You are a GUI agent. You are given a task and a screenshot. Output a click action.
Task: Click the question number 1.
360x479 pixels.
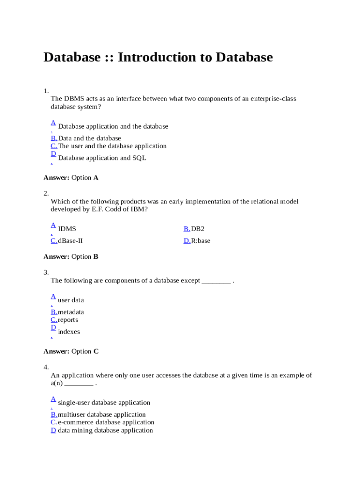[x=46, y=91]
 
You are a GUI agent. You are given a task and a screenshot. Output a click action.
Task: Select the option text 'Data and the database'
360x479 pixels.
[x=89, y=138]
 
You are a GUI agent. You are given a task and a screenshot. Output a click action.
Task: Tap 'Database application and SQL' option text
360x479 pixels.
[x=102, y=158]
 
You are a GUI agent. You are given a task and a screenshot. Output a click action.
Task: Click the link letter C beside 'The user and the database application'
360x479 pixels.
[x=54, y=146]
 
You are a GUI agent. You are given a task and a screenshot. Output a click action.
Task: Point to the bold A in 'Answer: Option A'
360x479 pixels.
[x=96, y=178]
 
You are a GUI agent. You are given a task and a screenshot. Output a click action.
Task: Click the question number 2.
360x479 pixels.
[x=46, y=193]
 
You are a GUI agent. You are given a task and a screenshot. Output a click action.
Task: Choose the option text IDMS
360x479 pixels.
[x=67, y=229]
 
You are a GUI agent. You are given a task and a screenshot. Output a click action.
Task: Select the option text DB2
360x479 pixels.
[x=198, y=229]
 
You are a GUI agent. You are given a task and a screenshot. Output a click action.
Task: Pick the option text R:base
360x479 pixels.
[x=201, y=241]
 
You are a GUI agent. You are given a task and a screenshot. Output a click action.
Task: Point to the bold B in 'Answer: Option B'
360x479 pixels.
[x=96, y=257]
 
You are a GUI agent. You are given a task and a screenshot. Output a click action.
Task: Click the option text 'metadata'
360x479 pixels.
[x=71, y=312]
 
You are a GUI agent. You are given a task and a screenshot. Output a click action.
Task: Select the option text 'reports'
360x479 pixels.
[x=68, y=320]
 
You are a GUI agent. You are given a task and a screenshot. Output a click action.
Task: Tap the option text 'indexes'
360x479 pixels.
[x=69, y=332]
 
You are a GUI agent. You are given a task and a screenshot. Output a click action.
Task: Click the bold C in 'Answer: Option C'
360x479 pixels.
[x=96, y=352]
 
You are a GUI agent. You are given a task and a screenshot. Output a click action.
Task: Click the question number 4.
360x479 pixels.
[x=46, y=367]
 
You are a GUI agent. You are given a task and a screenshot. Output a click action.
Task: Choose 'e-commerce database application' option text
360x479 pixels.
[x=106, y=422]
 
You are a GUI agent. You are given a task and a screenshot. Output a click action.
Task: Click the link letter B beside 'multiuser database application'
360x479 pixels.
[x=54, y=414]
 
